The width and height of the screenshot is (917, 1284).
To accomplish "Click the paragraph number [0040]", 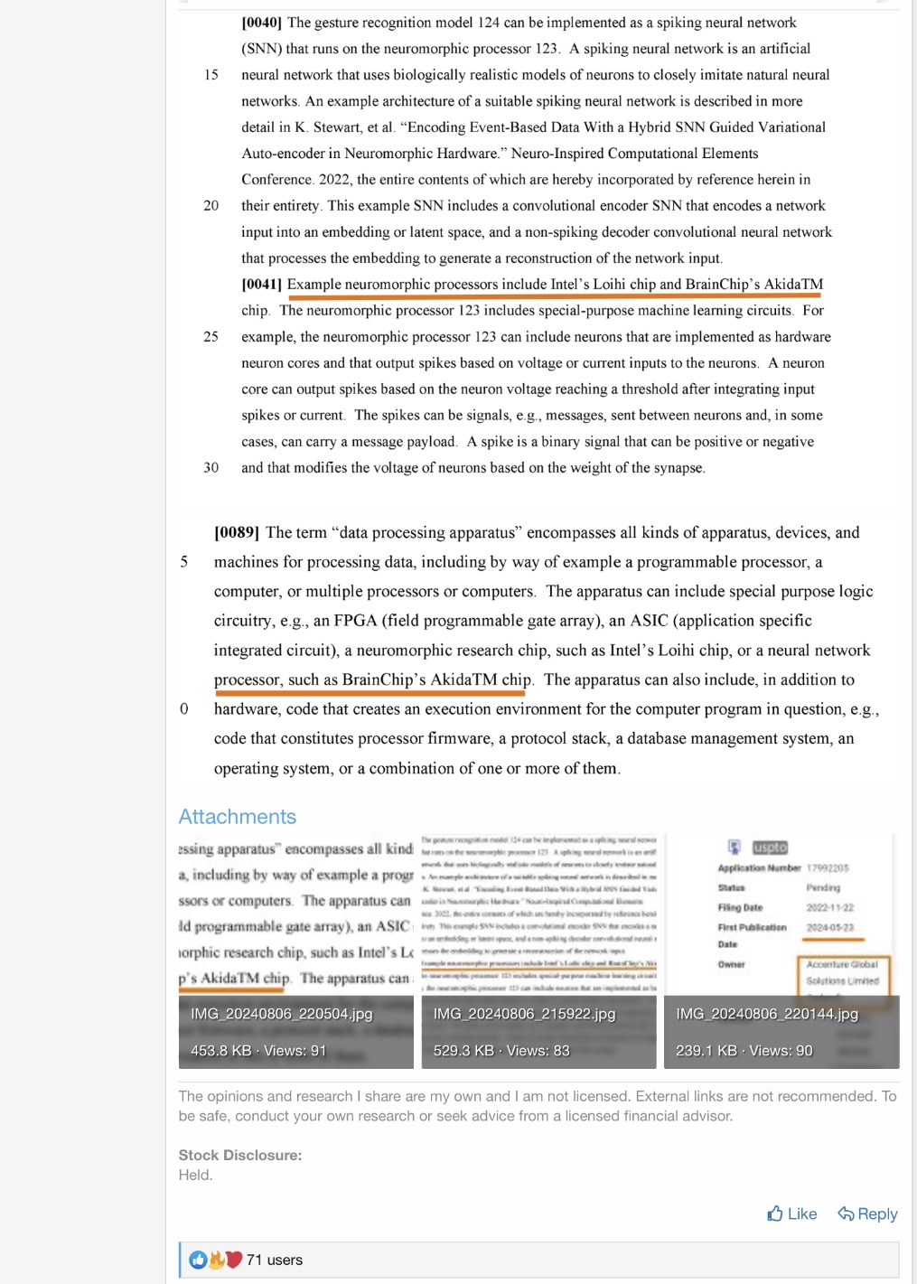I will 261,23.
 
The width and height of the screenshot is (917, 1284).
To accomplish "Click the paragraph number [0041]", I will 261,285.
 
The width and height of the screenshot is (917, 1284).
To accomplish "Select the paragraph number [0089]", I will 237,533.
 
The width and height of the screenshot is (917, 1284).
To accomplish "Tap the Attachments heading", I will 237,817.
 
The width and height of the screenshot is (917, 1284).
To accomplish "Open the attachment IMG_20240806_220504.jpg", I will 295,951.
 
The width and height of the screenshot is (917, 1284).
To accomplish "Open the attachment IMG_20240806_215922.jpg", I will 538,951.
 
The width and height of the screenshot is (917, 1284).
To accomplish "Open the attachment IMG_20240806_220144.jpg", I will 781,951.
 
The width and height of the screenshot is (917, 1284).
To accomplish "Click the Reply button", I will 867,1214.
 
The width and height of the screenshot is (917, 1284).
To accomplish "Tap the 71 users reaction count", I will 275,1260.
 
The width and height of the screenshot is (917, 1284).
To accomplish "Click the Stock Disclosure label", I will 240,1155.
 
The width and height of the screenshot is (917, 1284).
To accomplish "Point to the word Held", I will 195,1175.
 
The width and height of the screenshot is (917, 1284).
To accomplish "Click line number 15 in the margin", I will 211,75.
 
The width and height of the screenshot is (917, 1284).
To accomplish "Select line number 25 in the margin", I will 211,337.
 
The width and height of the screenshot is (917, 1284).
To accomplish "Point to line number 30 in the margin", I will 211,468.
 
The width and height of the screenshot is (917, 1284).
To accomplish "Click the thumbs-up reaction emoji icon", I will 198,1260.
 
